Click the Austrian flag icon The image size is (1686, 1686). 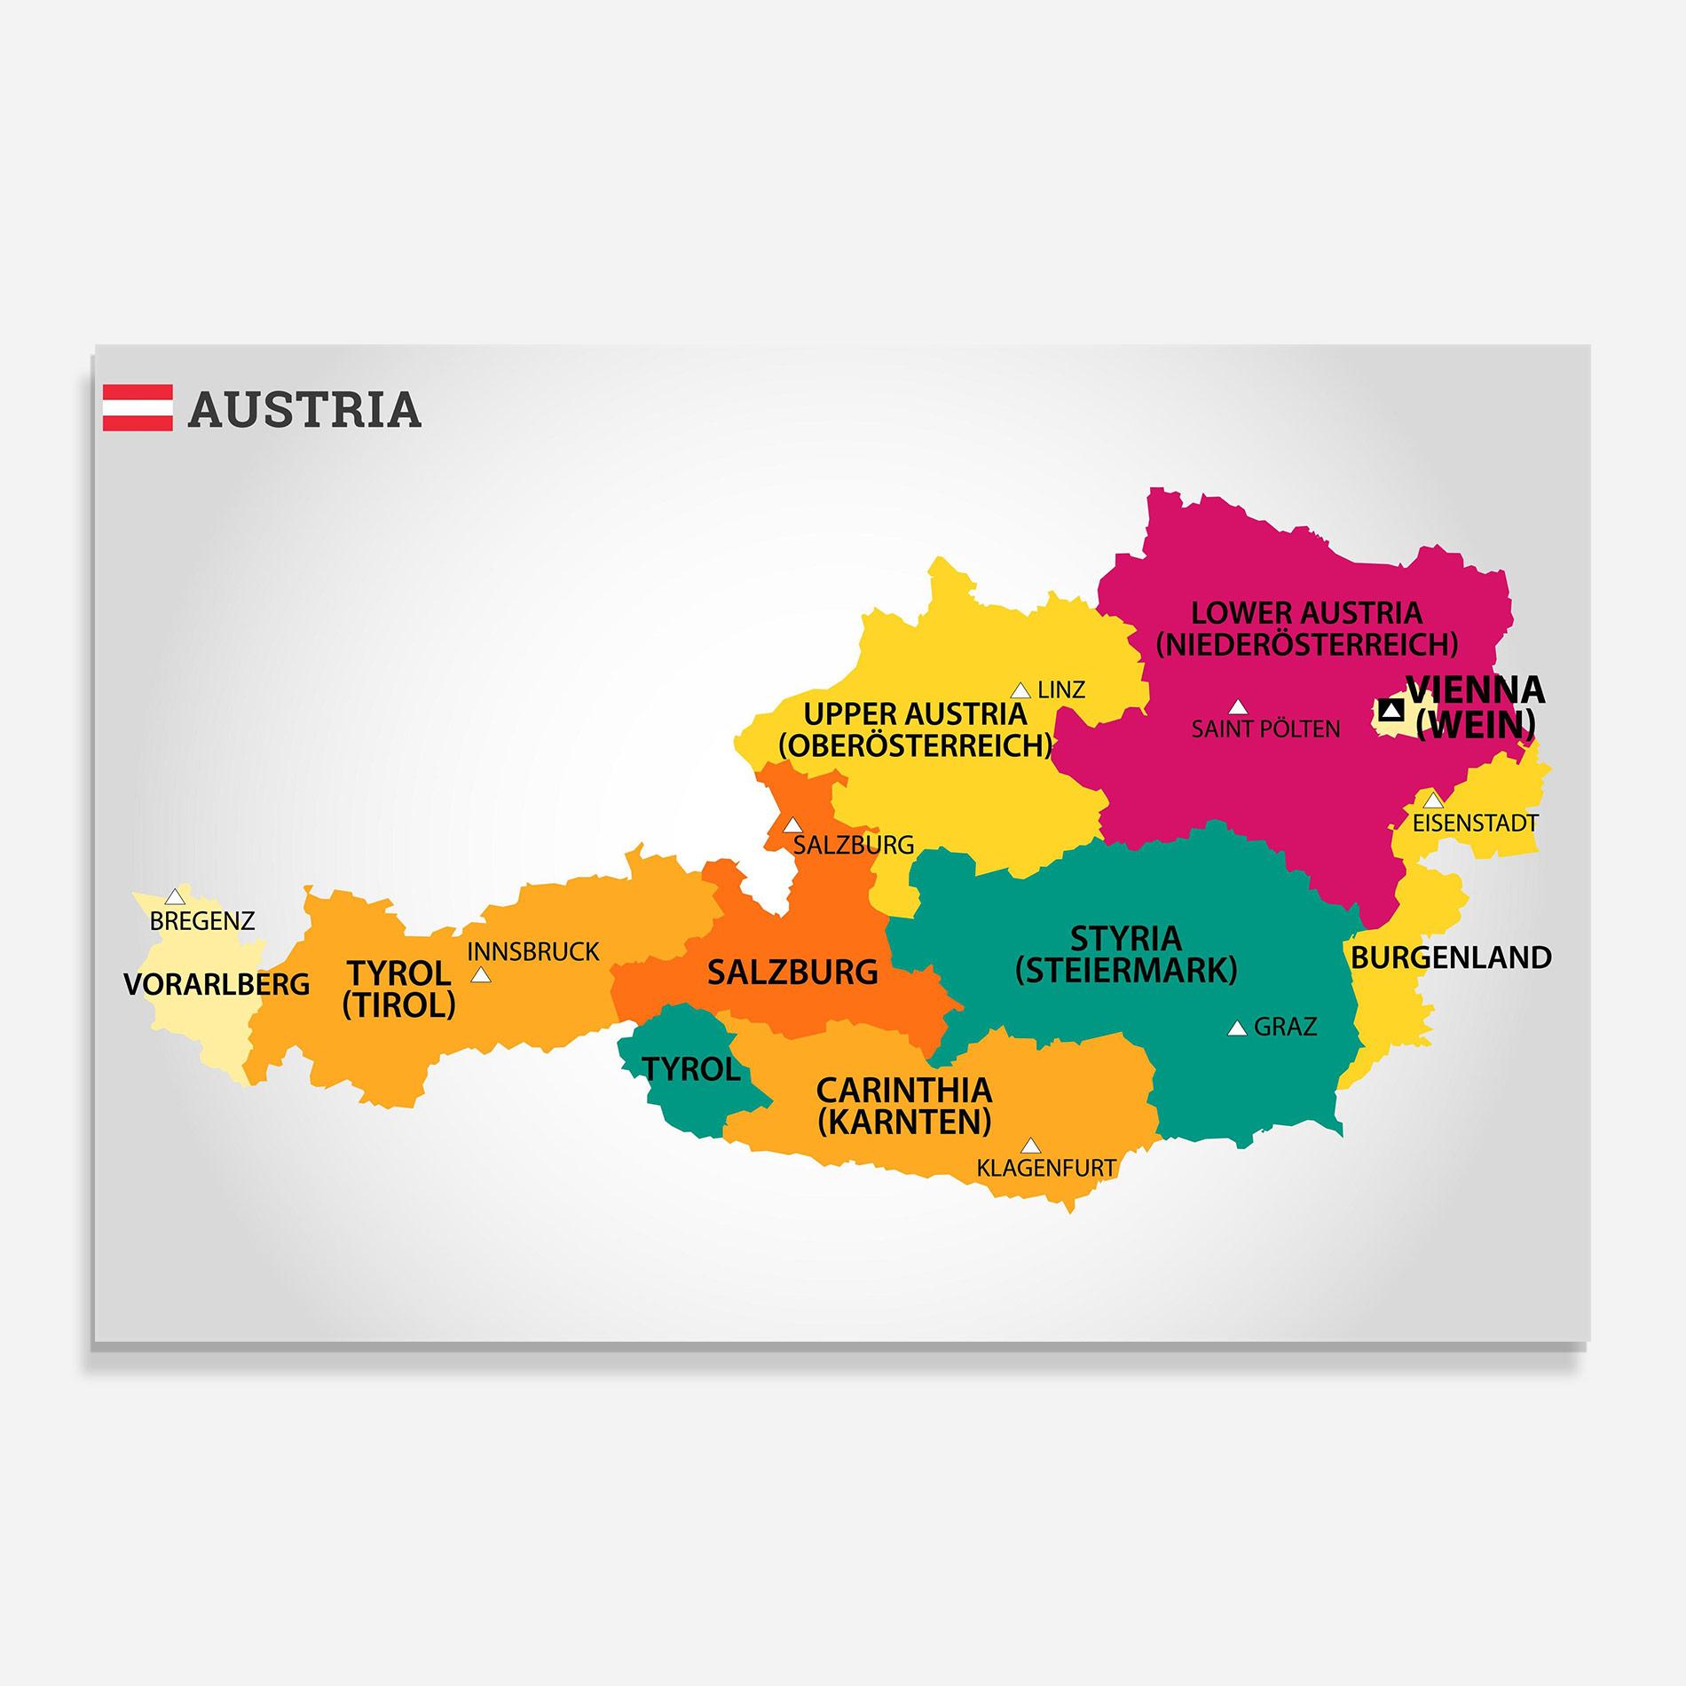(x=138, y=407)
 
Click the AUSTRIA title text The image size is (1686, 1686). (x=304, y=409)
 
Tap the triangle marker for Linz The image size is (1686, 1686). (x=1020, y=690)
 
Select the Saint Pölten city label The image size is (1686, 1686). (x=1265, y=729)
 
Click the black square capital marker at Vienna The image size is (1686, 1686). (x=1391, y=710)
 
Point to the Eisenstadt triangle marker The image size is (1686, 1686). (x=1433, y=800)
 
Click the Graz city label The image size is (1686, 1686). (x=1285, y=1028)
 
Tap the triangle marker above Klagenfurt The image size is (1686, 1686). (x=1030, y=1146)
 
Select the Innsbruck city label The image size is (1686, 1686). (x=533, y=952)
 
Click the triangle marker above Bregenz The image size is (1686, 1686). (x=176, y=896)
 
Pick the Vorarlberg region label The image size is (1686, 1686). (x=217, y=984)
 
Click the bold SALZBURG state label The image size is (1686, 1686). (x=792, y=973)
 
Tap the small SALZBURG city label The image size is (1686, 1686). (x=853, y=845)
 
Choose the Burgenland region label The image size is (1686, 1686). (x=1451, y=957)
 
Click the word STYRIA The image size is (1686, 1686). (x=1125, y=938)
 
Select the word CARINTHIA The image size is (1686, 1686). (x=903, y=1090)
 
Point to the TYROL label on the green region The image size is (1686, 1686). (x=691, y=1069)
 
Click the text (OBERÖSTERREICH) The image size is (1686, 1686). (x=915, y=745)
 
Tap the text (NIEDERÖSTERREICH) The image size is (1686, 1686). (x=1306, y=644)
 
